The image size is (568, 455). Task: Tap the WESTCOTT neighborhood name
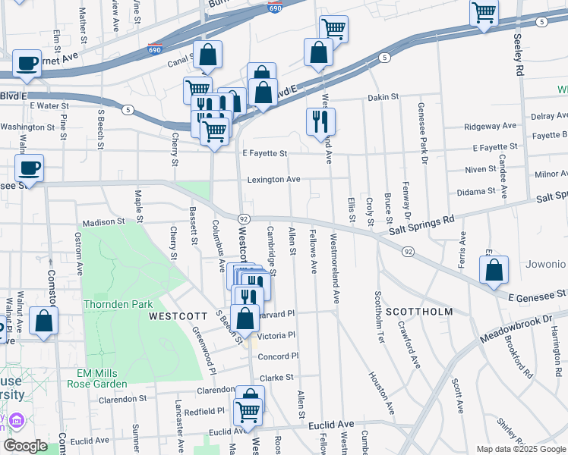[x=178, y=314]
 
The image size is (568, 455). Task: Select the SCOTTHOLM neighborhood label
[x=418, y=312]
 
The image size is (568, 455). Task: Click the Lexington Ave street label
[x=274, y=180]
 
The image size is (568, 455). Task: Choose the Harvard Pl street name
[x=277, y=312]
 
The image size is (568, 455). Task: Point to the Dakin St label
[x=383, y=97]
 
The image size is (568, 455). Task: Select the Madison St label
[x=103, y=222]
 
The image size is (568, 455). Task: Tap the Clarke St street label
[x=276, y=378]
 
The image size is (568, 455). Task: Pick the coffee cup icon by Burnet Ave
[x=27, y=64]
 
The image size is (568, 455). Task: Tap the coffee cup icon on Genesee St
[x=29, y=168]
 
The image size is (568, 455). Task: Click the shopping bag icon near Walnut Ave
[x=43, y=321]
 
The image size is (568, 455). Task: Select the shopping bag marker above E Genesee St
[x=494, y=270]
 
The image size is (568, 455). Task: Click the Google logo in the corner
[x=25, y=447]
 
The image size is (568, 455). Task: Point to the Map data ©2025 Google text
[x=520, y=449]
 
